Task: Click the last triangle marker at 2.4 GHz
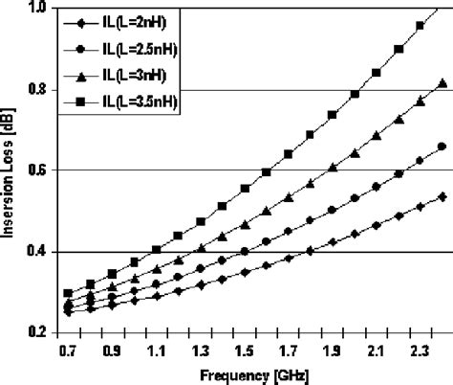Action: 442,83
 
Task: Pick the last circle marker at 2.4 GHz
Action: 442,147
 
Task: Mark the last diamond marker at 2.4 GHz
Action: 442,195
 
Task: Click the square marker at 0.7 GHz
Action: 68,293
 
